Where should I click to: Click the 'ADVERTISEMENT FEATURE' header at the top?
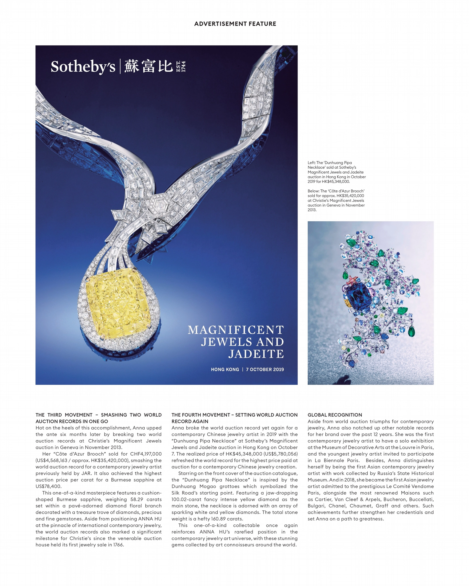tap(235, 24)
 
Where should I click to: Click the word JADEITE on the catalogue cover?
tap(256, 354)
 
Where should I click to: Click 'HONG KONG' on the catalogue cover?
tap(225, 369)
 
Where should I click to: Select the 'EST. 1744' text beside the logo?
tap(181, 66)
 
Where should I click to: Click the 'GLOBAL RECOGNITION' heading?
tap(335, 415)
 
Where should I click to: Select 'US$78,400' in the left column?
tap(49, 486)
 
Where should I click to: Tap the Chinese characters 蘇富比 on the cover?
tap(148, 66)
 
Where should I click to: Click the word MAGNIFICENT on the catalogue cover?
tap(235, 330)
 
